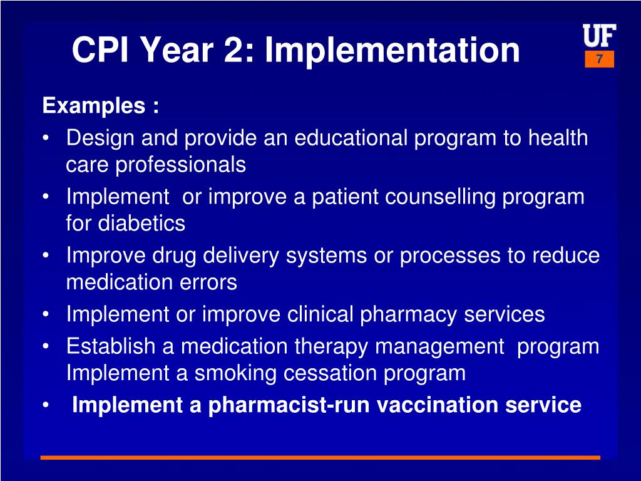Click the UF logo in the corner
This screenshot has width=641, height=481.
599,37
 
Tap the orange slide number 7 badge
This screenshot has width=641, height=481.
600,59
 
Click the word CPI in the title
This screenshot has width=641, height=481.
100,50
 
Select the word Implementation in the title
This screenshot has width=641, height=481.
392,50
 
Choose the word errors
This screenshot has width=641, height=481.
209,282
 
